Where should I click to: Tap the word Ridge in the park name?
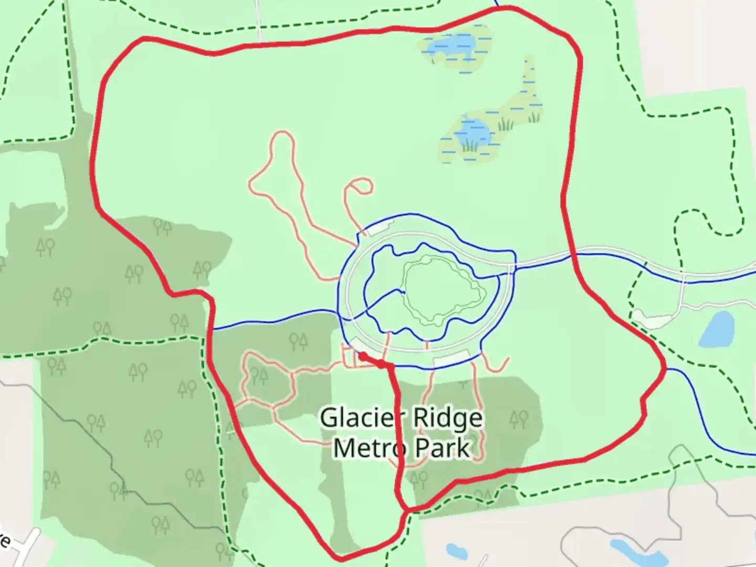coord(447,418)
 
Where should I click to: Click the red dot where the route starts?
coord(362,356)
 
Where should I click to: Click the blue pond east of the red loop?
coord(717,329)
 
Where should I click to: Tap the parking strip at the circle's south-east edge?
coord(450,359)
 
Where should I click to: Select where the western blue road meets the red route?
coord(213,330)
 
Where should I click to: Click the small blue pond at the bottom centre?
coord(453,551)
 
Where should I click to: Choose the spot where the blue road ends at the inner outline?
coord(403,291)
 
